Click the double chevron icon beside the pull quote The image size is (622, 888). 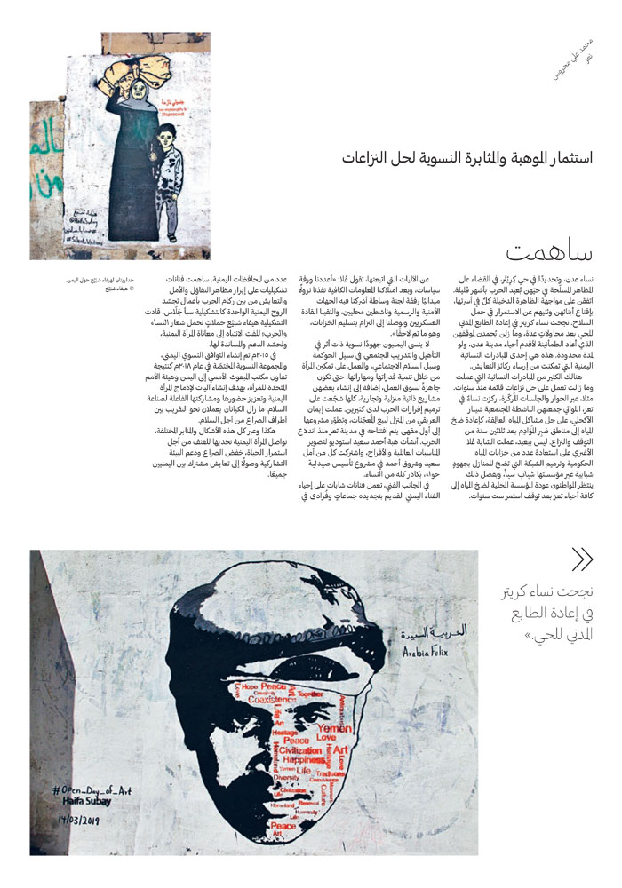click(x=582, y=559)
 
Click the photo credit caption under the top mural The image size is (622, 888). click(x=99, y=283)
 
